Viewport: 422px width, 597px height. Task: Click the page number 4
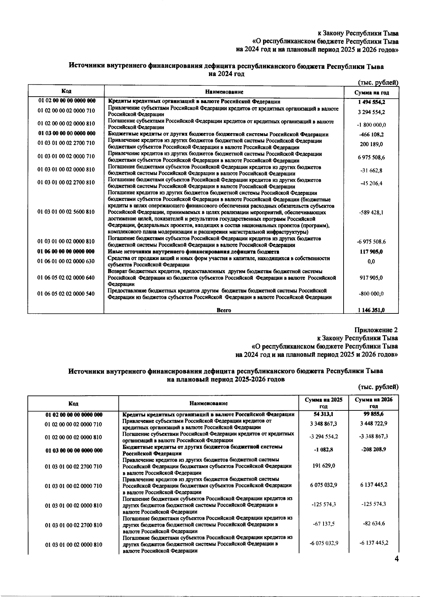396,559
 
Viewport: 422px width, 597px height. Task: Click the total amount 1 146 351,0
371,310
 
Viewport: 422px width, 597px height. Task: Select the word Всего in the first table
224,310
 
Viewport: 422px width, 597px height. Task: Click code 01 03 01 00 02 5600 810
66,212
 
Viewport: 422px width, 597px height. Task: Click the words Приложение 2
376,330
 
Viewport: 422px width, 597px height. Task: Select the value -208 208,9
373,449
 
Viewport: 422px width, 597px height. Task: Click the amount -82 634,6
373,524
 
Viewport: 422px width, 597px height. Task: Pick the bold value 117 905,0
371,252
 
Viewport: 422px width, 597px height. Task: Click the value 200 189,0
371,144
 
